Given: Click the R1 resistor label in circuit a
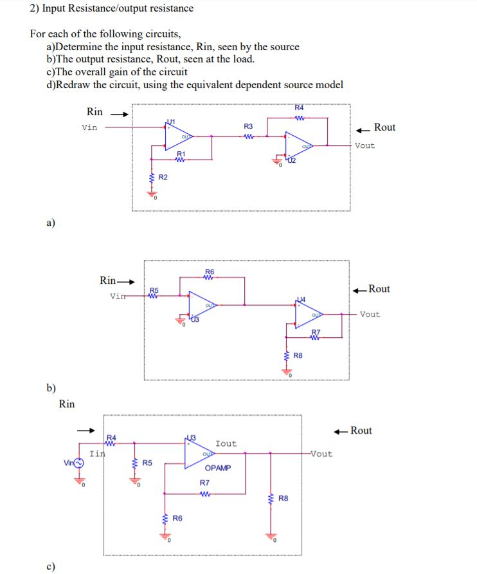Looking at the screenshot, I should coord(181,154).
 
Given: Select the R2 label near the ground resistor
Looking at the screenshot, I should coord(163,177).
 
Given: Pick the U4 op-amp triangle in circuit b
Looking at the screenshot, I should coord(310,315).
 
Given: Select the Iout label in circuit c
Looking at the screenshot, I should coord(226,443).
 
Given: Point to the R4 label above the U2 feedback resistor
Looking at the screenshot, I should coord(300,107).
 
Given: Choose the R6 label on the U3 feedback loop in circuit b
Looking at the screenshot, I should coord(210,271).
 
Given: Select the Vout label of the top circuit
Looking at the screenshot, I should coord(364,145).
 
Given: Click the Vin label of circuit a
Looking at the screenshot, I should coord(90,127).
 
